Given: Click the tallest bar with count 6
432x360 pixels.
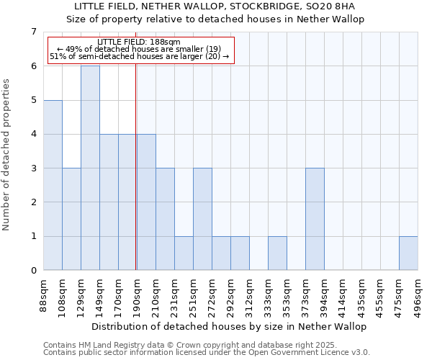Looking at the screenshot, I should click(90, 168).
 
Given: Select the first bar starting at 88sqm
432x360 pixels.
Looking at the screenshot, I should click(53, 185).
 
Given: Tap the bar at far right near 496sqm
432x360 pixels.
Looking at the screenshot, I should click(408, 253).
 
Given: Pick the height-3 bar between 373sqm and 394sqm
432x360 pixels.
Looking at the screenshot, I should click(315, 219).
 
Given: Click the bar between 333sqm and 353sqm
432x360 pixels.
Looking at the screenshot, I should click(277, 253).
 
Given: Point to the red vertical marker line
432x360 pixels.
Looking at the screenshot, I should click(136, 166).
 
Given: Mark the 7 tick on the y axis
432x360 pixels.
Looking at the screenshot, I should click(34, 32).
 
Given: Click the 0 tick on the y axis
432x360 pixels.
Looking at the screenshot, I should click(34, 271).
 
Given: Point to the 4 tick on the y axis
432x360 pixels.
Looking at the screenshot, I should click(34, 134).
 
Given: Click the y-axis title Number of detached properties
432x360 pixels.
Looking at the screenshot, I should click(6, 154).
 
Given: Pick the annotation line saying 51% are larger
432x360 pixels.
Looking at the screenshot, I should click(140, 56).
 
